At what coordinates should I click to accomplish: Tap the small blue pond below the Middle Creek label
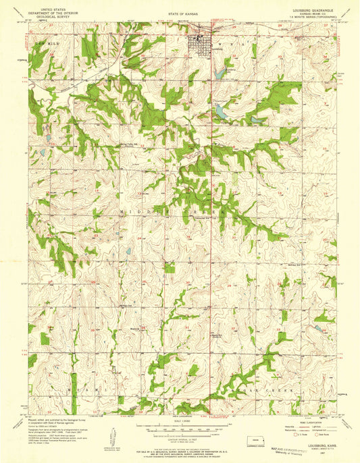click(x=128, y=252)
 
